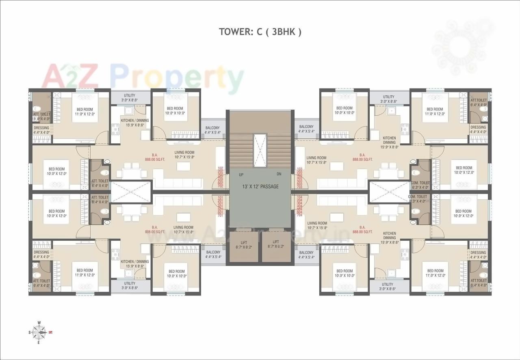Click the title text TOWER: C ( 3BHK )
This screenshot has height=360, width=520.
coord(260,32)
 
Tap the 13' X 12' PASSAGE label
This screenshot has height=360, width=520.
coord(260,186)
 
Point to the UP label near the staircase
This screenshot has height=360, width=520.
coord(241,174)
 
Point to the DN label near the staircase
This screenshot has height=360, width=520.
coord(279,174)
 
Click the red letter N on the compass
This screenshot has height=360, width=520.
coord(50,332)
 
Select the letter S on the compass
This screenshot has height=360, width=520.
coord(30,332)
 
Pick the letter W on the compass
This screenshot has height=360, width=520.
coord(39,323)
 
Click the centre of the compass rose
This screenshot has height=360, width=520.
coord(40,332)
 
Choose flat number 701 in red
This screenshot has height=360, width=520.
coord(221,216)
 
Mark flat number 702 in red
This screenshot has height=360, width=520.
coord(221,186)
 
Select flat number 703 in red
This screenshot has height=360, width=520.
coord(300,186)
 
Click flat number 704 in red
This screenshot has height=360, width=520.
coord(300,216)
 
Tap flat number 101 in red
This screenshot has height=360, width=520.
coord(221,198)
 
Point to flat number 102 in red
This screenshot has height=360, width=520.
coord(221,168)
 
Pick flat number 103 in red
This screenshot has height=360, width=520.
coord(300,168)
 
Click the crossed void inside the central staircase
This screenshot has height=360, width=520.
coord(260,150)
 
